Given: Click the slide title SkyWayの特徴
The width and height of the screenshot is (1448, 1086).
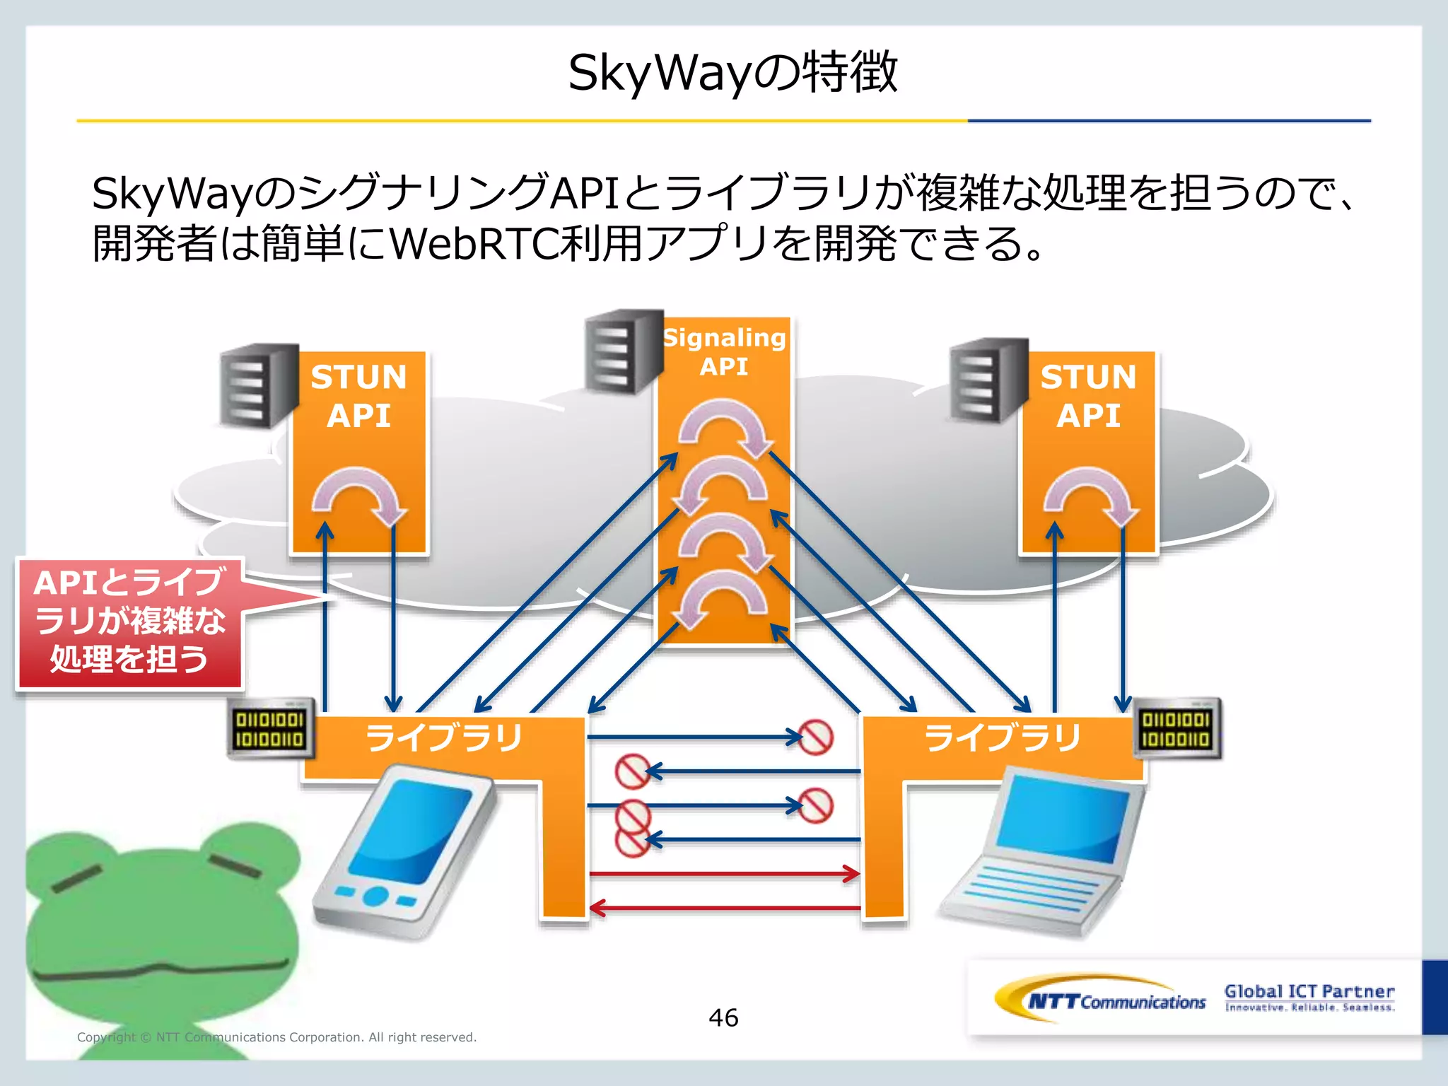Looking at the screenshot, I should point(732,73).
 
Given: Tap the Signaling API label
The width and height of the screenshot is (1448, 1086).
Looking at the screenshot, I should point(724,352).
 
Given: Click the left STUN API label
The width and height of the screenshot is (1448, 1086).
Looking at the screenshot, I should point(358,396).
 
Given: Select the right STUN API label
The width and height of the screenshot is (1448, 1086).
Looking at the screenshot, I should point(1088,396).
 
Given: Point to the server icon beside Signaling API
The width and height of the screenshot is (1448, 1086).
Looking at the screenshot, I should point(621,351).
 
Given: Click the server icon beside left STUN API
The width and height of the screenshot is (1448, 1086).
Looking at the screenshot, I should point(258,386).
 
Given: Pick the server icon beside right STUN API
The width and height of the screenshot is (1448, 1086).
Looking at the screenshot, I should point(988,380).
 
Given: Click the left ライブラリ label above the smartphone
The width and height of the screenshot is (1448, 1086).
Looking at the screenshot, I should point(444,737).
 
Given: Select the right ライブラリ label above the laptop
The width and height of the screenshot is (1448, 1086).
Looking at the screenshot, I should point(1003,737).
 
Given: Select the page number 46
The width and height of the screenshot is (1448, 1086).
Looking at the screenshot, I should point(723,1018).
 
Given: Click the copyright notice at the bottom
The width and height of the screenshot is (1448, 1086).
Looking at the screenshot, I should point(276,1037).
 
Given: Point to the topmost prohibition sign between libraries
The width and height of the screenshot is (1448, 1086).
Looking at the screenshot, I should point(815,737).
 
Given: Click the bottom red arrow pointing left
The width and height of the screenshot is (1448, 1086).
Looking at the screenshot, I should point(724,908).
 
